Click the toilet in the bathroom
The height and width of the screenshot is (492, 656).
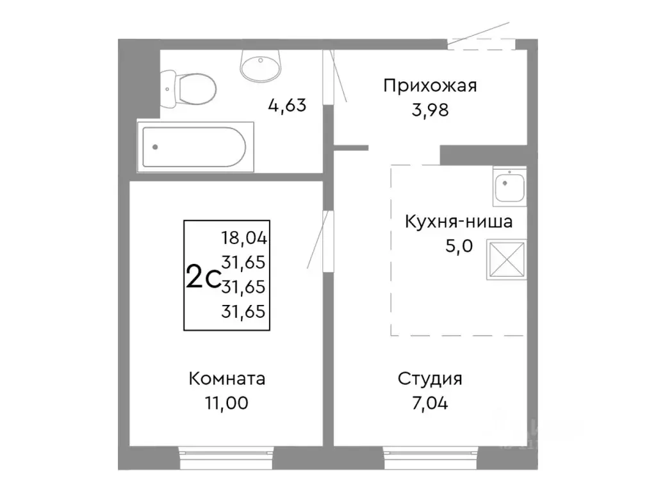coord(189,90)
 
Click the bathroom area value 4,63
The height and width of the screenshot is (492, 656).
coord(287,104)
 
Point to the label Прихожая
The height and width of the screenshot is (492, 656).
coord(430,86)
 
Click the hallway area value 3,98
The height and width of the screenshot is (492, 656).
coord(430,110)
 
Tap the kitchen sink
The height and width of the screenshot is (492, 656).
coord(509,186)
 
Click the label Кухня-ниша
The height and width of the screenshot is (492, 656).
coord(457,222)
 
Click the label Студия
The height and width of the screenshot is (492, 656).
coord(430,379)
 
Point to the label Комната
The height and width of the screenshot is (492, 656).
coord(227,379)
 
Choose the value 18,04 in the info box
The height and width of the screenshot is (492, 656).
coord(243,238)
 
